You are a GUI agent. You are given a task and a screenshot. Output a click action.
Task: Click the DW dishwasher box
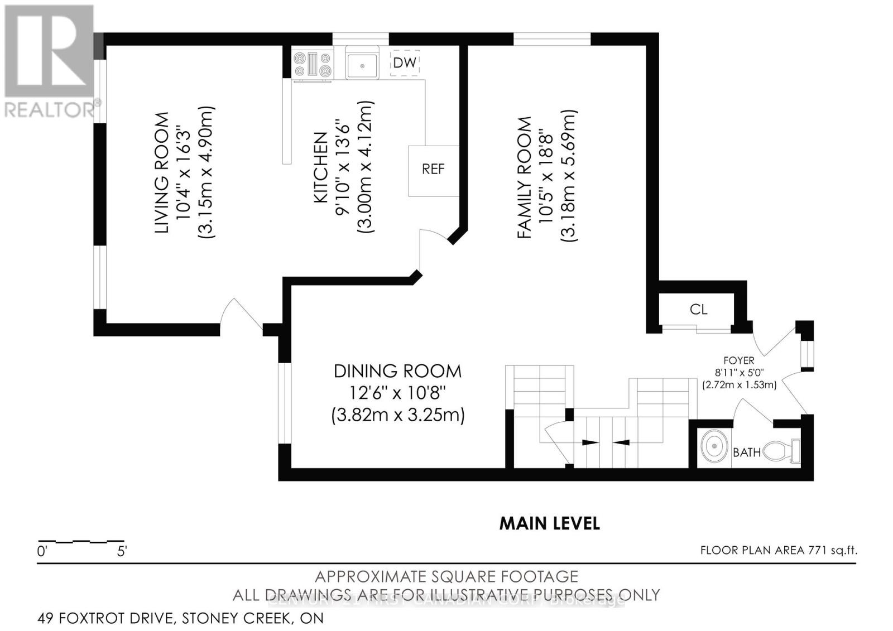[x=405, y=62]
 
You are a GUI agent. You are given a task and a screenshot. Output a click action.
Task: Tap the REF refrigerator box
[x=433, y=170]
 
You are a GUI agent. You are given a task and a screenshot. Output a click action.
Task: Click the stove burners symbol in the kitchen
[x=313, y=64]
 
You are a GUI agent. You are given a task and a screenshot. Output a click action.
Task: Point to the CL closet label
[x=698, y=309]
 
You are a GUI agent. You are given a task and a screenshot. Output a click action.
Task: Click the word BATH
[x=747, y=452]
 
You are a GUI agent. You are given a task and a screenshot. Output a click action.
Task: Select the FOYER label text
[x=738, y=361]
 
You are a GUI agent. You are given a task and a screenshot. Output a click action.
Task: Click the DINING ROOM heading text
[x=397, y=371]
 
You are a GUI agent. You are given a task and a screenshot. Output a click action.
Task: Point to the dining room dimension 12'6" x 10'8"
[x=397, y=393]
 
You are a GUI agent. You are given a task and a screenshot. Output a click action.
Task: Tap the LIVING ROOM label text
[x=162, y=173]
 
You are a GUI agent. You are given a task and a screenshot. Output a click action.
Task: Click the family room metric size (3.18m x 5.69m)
[x=569, y=175]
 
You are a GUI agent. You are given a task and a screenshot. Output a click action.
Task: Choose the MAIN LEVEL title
[x=549, y=523]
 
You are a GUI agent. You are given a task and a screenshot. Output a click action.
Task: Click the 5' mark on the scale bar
[x=122, y=552]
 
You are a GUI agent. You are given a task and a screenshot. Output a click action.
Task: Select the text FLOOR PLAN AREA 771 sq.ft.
[x=779, y=550]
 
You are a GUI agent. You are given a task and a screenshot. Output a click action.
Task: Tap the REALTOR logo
[x=49, y=61]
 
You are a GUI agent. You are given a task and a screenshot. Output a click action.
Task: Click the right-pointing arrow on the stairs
[x=589, y=442]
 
